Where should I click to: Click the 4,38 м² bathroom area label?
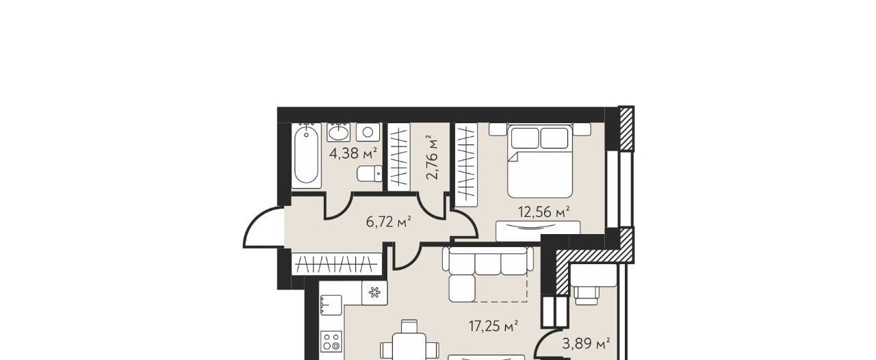(x=353, y=153)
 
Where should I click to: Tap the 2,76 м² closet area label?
(x=432, y=157)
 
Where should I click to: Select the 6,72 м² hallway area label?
(x=388, y=222)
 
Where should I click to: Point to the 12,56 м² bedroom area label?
(x=543, y=211)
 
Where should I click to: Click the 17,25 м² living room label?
(x=493, y=325)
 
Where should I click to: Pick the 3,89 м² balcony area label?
(x=586, y=344)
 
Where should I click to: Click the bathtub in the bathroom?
(x=307, y=155)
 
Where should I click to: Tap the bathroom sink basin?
(x=339, y=132)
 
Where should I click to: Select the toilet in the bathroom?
(x=370, y=173)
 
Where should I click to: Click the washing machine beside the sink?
(x=368, y=132)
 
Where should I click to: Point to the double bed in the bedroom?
(x=540, y=160)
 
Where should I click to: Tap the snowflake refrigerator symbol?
(x=374, y=292)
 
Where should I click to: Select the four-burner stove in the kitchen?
(x=331, y=342)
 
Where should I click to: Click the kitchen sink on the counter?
(x=331, y=305)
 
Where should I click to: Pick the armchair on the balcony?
(x=587, y=295)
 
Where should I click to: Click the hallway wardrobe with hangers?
(x=337, y=264)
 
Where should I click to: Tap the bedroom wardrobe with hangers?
(x=467, y=165)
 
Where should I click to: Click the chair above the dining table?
(x=409, y=326)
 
